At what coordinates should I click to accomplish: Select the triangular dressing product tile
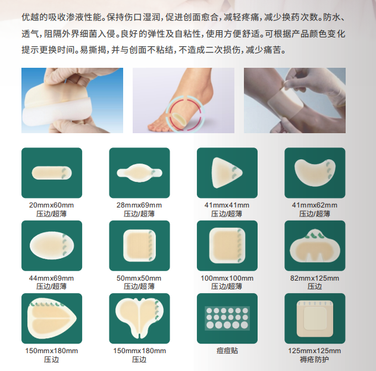click(x=227, y=172)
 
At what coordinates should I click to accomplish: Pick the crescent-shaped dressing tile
click(x=315, y=172)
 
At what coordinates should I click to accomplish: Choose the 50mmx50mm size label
click(x=139, y=278)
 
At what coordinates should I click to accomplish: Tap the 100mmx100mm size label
click(x=227, y=278)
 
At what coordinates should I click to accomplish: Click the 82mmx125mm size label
click(x=315, y=278)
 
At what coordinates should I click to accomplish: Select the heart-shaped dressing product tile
click(x=139, y=318)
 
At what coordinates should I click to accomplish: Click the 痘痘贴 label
click(x=227, y=351)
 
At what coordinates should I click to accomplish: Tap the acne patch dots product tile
click(x=227, y=318)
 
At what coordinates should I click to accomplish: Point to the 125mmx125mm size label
click(x=315, y=351)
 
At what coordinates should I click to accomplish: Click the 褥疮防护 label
click(x=315, y=359)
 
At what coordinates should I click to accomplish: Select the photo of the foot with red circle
click(x=182, y=99)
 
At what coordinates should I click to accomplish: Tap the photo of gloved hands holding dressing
click(x=72, y=99)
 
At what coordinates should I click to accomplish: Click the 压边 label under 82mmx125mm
click(x=315, y=286)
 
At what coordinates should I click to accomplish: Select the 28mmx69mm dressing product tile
click(x=139, y=172)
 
